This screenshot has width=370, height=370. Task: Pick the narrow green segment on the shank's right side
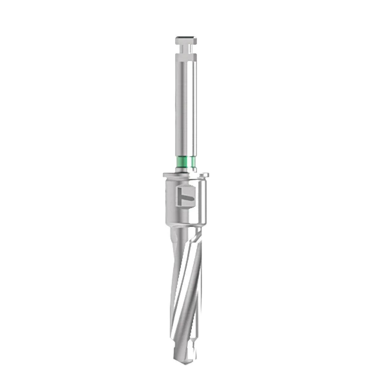pyautogui.click(x=193, y=161)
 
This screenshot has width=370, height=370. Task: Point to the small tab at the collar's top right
pyautogui.click(x=202, y=176)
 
